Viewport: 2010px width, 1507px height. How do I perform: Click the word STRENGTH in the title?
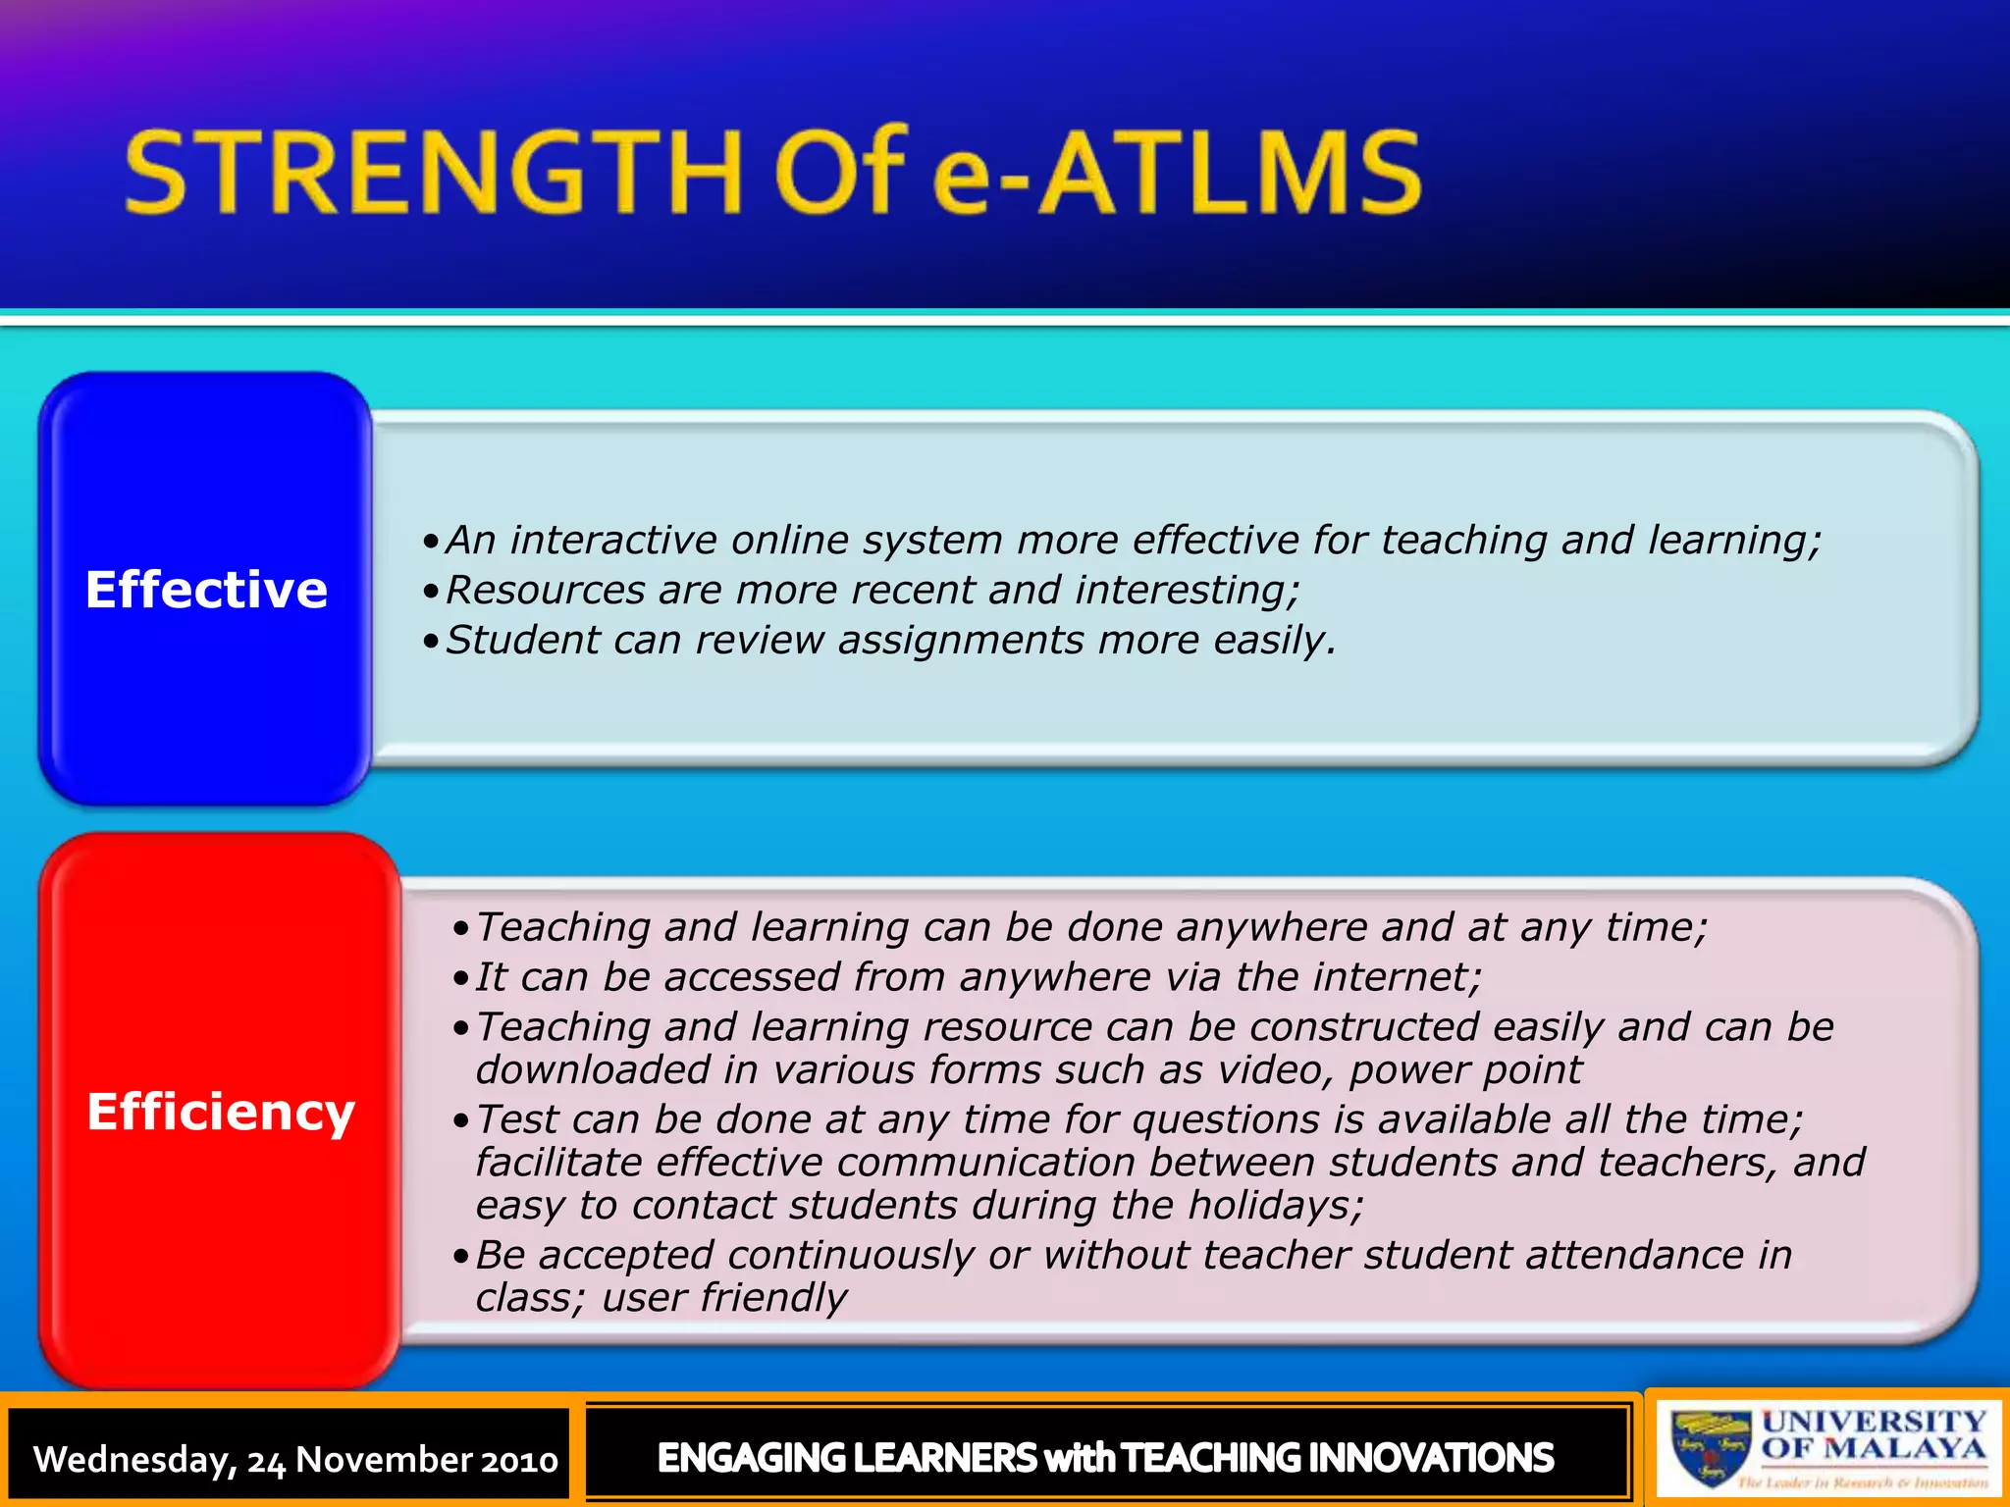tap(432, 174)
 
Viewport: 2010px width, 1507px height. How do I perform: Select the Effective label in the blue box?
tap(206, 590)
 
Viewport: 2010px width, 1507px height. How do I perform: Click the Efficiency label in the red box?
tap(220, 1112)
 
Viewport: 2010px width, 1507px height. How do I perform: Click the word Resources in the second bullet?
tap(545, 590)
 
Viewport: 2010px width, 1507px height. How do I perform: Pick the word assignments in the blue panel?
tap(961, 640)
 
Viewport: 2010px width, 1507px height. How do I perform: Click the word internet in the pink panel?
tap(1394, 977)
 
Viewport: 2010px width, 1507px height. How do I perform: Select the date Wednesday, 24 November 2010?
tap(295, 1459)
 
